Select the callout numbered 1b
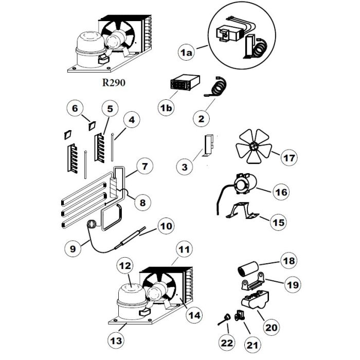pyautogui.click(x=166, y=109)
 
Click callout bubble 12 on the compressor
pyautogui.click(x=125, y=266)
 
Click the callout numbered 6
pyautogui.click(x=75, y=109)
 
